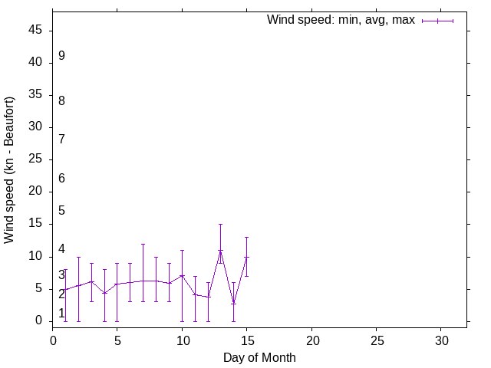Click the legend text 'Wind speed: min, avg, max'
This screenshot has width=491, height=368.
(340, 20)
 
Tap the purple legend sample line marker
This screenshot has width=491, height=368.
(437, 21)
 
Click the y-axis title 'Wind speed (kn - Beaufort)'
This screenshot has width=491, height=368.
(10, 170)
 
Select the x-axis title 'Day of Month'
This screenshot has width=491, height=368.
(259, 357)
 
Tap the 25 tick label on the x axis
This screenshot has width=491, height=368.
(376, 340)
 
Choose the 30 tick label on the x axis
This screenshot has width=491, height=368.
(440, 340)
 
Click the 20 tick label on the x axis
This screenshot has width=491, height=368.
(311, 340)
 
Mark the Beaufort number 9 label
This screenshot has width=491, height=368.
(61, 56)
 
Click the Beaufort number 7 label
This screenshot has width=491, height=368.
(61, 139)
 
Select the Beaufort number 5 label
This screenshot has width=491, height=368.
(61, 210)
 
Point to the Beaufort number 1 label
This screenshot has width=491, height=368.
(61, 313)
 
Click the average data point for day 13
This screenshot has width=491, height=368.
(221, 251)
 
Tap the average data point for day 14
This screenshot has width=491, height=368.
(233, 303)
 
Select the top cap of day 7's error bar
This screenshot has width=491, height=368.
(143, 244)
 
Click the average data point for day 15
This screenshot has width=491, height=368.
(246, 258)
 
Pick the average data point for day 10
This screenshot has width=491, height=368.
(182, 275)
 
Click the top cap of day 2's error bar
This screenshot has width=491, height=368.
(78, 257)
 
